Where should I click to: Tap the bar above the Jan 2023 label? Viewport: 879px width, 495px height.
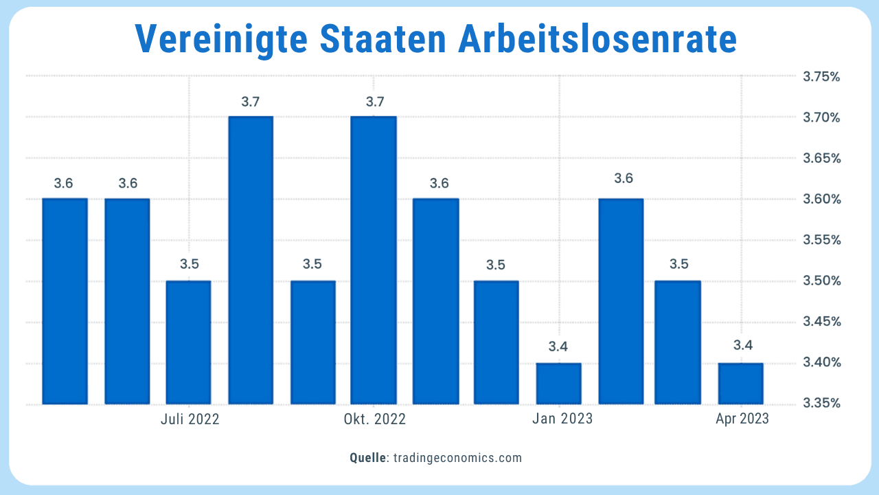click(x=558, y=383)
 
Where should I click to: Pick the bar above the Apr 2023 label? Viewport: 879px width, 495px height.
click(x=740, y=383)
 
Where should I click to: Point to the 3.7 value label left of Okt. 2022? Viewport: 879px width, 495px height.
click(x=251, y=102)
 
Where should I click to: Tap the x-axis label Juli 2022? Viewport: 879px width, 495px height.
click(x=190, y=419)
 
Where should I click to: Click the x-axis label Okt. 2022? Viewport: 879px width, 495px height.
click(x=375, y=419)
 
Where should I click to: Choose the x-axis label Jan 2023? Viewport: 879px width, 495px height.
click(x=562, y=419)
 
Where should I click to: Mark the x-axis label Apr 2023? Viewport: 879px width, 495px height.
click(x=742, y=419)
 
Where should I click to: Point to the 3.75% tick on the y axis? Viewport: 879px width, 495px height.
click(x=821, y=76)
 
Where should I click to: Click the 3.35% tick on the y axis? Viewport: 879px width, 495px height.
click(x=821, y=404)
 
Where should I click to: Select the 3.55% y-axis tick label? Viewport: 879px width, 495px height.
click(x=821, y=240)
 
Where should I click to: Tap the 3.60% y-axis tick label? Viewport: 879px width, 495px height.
click(x=821, y=199)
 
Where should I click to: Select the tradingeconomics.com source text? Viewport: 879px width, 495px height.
click(x=457, y=458)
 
